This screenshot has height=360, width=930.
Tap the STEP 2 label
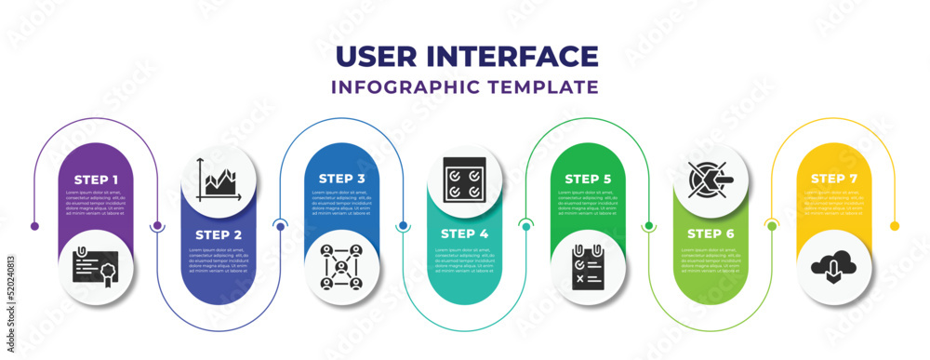coord(219,234)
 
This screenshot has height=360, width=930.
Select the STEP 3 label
coord(341,178)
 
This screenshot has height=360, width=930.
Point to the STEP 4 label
coord(464,234)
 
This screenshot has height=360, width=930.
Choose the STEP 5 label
coord(588,178)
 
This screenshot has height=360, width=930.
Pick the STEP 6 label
coord(711,234)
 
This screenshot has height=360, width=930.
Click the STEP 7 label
coord(833,178)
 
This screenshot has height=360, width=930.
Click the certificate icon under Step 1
coord(96,269)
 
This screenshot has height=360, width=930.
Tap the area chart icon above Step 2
coord(219,180)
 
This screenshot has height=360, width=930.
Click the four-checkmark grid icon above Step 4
coord(464,180)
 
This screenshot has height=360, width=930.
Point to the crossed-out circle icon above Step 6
coord(711,179)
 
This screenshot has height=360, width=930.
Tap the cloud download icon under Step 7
coord(833,269)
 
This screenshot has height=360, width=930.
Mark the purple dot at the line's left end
coord(35,225)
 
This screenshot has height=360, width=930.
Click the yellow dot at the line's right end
coord(895,225)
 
